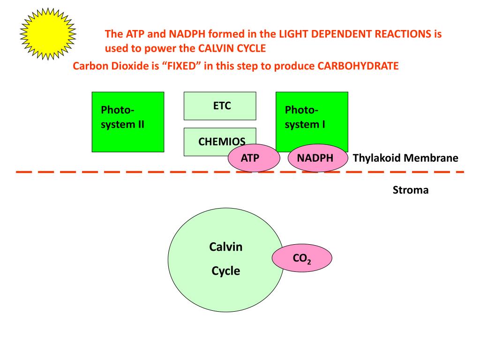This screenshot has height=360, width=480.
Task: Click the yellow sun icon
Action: coord(48,33)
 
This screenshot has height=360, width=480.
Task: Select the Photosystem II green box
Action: coord(127,122)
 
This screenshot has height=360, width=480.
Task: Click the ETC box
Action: coord(220,106)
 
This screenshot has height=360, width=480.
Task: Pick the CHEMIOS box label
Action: coord(222,141)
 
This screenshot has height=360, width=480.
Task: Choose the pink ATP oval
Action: coord(254,158)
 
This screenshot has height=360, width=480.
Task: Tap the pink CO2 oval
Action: coord(302,258)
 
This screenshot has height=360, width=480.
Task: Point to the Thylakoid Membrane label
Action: coord(405,158)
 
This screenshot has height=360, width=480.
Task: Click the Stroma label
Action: coord(411,190)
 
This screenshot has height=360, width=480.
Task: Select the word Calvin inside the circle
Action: coord(225,247)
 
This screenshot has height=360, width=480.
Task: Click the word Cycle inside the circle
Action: coord(225,270)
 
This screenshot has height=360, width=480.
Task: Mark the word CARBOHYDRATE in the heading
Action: coord(358,66)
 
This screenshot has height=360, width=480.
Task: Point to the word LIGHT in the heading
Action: coord(292,34)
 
